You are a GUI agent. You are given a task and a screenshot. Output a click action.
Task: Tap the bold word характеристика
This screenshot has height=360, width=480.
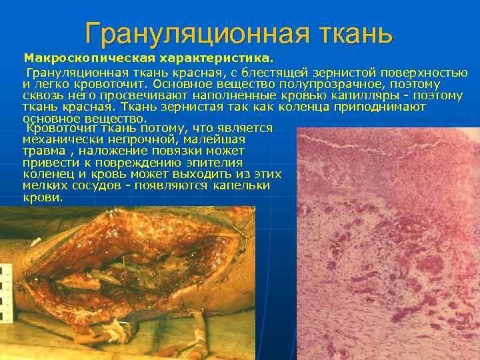[216, 61]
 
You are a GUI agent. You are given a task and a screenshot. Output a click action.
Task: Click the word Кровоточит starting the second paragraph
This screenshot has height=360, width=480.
[56, 128]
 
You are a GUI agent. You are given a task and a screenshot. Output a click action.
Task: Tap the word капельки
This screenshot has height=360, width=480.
[241, 186]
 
